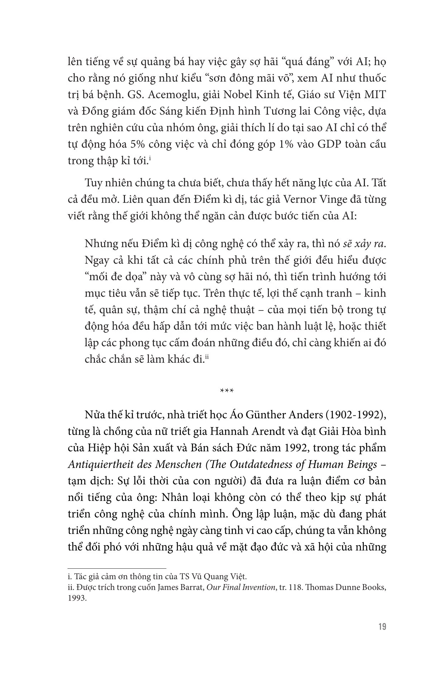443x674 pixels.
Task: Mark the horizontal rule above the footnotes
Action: coord(117,568)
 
